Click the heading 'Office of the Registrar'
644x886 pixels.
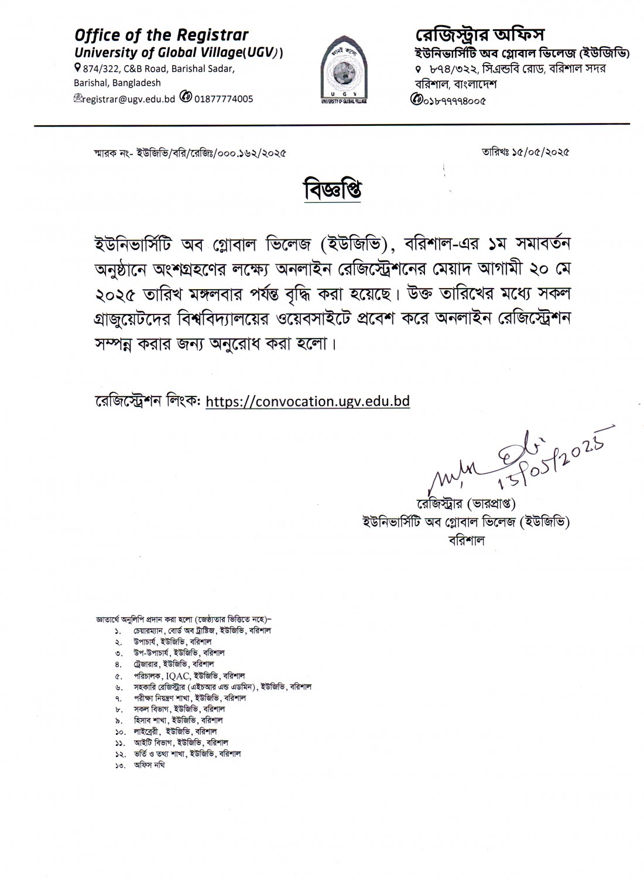(x=160, y=35)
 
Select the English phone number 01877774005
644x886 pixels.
(x=224, y=99)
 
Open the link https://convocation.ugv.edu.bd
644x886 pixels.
(x=308, y=401)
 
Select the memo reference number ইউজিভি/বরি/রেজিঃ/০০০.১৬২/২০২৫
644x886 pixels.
(x=211, y=154)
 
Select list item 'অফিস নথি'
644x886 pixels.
(x=149, y=765)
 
